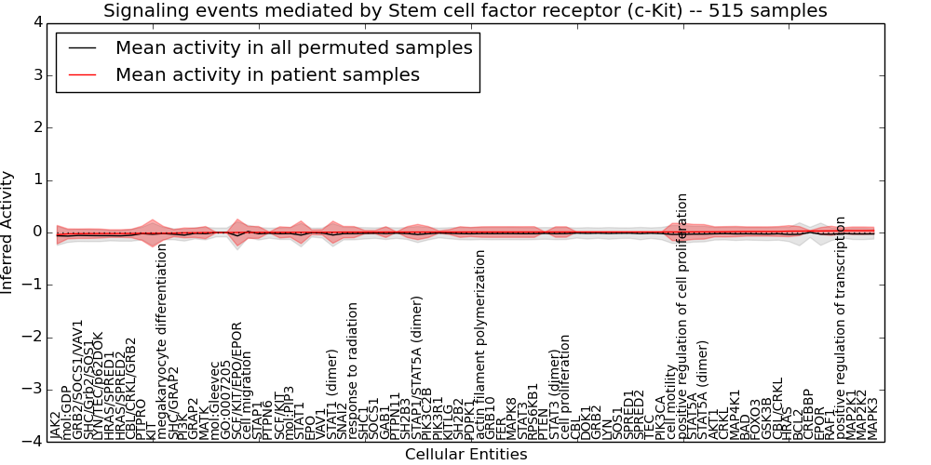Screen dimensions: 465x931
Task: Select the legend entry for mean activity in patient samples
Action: (x=267, y=74)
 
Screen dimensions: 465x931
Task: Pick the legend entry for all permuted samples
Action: (x=293, y=48)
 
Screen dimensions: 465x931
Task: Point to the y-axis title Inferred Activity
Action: (x=7, y=232)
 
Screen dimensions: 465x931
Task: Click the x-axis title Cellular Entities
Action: (x=465, y=455)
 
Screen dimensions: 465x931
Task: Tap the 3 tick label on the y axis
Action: (x=37, y=74)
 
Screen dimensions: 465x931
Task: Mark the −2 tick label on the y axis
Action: (x=34, y=337)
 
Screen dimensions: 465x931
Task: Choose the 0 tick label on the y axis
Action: (x=37, y=232)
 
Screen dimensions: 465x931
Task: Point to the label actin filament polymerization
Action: (x=480, y=343)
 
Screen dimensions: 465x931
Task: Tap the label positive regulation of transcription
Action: (x=841, y=327)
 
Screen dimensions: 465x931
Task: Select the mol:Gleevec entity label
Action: (x=215, y=401)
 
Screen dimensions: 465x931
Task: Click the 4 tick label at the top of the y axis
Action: (x=37, y=22)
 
